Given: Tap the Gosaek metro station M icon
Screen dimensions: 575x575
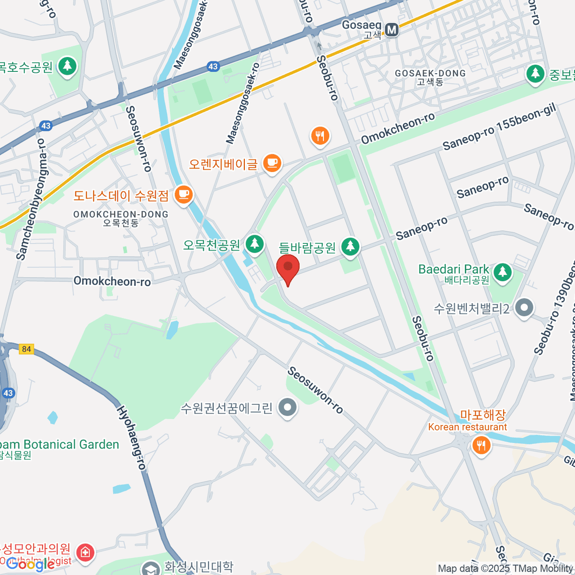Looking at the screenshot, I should point(392,30).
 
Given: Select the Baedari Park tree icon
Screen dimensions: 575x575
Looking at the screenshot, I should point(502,272).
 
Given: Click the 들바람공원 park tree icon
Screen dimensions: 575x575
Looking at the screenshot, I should point(350,247).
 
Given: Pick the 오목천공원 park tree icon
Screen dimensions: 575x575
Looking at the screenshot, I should point(254,244).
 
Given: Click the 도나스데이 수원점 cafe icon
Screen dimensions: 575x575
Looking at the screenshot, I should point(183,195).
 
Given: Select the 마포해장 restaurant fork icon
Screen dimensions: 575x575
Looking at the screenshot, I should point(481,445).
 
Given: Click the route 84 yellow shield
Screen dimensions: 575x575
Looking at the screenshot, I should point(26,349).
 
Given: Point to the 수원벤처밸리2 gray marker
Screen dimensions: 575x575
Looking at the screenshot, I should point(524,308).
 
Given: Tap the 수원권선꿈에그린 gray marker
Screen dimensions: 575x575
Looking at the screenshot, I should point(287,408).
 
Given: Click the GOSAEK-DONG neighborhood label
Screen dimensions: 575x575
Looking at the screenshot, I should point(430,74).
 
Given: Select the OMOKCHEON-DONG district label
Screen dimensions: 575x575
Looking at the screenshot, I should point(120,215).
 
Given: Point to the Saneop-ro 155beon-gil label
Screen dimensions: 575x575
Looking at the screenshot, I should point(499,127).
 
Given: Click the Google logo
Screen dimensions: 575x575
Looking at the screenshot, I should point(30,564).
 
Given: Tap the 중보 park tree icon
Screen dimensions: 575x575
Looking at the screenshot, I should point(535,74).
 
